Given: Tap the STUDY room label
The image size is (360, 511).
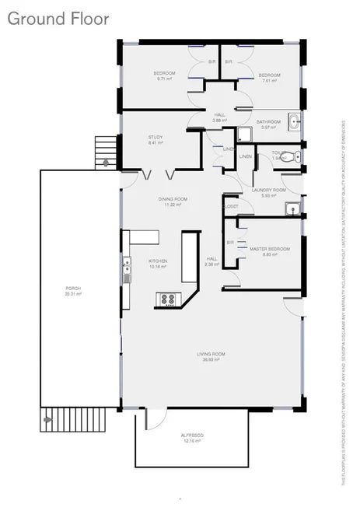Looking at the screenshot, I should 156,137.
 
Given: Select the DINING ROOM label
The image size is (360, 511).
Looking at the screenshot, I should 170,200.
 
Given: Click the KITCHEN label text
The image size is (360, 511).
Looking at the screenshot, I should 158,261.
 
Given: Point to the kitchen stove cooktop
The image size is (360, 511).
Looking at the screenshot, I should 166,298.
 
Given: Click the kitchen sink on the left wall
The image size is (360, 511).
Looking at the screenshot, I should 125,272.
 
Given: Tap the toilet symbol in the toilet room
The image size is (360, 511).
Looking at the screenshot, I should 288,157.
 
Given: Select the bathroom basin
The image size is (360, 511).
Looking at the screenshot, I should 295,121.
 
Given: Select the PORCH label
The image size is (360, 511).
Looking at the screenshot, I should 73,289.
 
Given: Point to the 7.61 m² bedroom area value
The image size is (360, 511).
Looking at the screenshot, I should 268,80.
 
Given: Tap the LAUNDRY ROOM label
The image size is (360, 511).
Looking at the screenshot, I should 268,190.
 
